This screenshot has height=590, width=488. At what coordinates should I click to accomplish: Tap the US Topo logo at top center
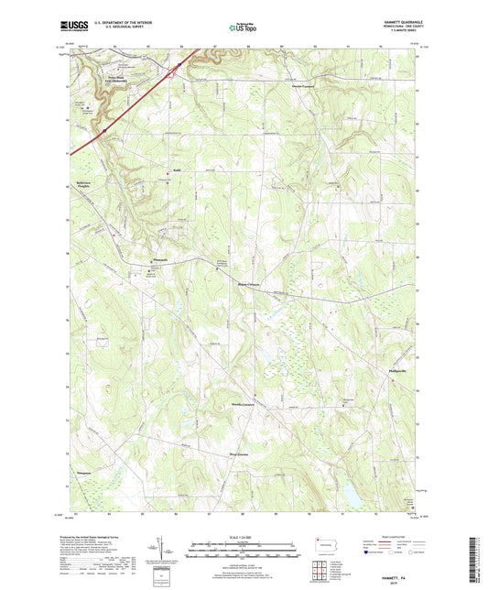[243, 28]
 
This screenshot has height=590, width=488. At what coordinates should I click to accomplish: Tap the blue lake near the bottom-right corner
[350, 495]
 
